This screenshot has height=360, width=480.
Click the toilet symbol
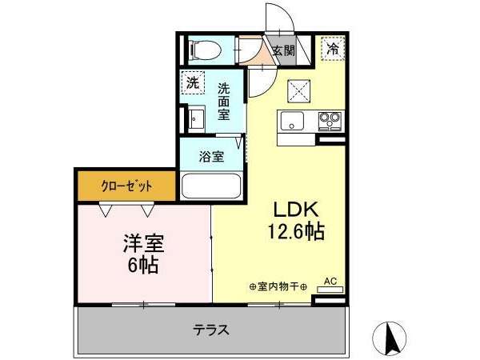click(x=206, y=50)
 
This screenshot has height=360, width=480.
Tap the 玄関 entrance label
click(x=284, y=50)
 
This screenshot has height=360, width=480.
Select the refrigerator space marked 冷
click(x=333, y=48)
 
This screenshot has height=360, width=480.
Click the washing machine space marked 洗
click(x=193, y=82)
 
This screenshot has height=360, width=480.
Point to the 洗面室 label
click(x=223, y=102)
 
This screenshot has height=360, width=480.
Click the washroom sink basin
click(x=196, y=118)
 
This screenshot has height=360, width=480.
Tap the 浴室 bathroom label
click(x=211, y=157)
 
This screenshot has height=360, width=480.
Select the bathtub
click(x=211, y=186)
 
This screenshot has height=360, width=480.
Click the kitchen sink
click(x=292, y=121)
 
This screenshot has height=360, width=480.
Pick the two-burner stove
click(x=330, y=121)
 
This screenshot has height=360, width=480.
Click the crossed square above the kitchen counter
click(x=298, y=91)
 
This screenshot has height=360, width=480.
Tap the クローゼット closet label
click(x=126, y=186)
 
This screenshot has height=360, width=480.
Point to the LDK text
click(x=296, y=210)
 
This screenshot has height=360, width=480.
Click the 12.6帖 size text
click(x=296, y=231)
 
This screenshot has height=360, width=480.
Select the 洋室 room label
click(x=143, y=243)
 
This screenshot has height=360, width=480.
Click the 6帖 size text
click(x=143, y=265)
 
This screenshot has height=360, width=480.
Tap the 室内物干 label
click(x=278, y=287)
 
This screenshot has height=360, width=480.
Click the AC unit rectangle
click(x=330, y=290)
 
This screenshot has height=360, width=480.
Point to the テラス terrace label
click(x=211, y=330)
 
